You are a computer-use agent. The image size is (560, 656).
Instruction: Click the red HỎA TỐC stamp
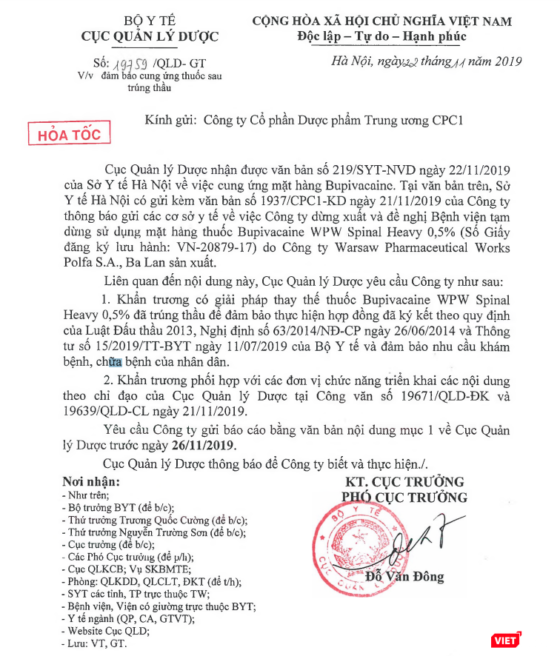click(x=68, y=135)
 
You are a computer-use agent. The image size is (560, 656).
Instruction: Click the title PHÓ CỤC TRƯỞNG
click(x=404, y=497)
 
